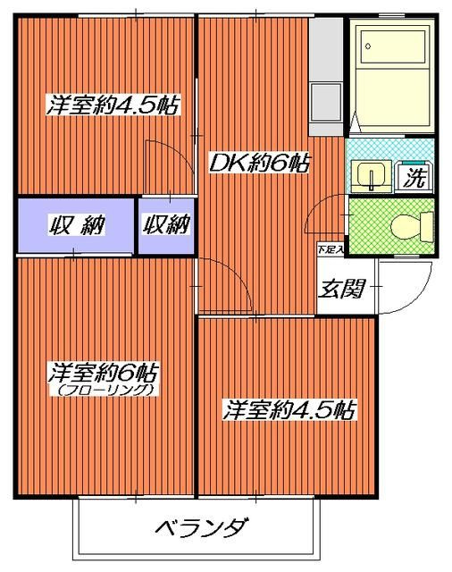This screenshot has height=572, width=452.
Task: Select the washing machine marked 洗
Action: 414,176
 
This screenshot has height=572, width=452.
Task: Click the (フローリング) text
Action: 105,390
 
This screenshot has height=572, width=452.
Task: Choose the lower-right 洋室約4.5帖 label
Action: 289,410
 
